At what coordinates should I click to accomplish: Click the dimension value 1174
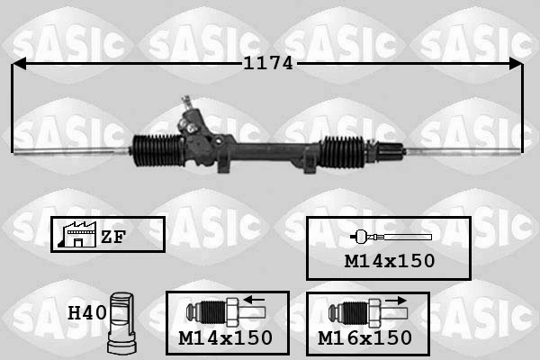(x=269, y=64)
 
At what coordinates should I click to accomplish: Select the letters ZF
(x=113, y=237)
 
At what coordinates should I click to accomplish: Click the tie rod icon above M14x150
(x=390, y=237)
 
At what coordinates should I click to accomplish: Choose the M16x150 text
(x=365, y=337)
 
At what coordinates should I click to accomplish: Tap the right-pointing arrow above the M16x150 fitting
(x=392, y=301)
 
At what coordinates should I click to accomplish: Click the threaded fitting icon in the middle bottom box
(x=220, y=314)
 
